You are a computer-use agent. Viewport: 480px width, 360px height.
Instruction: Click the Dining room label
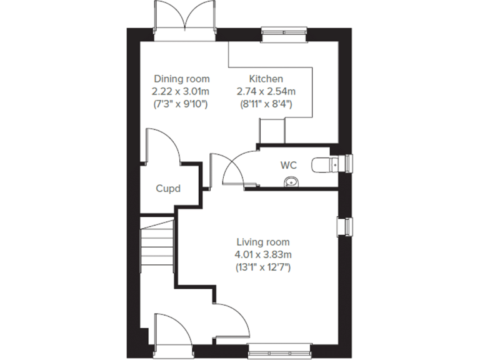point(181,79)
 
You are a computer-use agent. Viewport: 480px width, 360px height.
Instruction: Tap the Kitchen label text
point(266,79)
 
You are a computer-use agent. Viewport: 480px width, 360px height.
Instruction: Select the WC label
point(288,166)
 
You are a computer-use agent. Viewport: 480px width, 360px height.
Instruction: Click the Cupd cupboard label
point(168,188)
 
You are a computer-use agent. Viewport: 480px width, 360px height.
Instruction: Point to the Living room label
point(262,242)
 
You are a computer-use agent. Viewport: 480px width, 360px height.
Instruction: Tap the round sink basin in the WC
point(291,182)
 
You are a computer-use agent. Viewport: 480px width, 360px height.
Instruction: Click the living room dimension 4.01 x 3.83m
point(262,254)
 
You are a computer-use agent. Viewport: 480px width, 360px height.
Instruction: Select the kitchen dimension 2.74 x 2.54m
point(266,91)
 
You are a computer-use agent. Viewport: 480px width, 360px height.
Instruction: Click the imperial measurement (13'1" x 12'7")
point(262,267)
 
